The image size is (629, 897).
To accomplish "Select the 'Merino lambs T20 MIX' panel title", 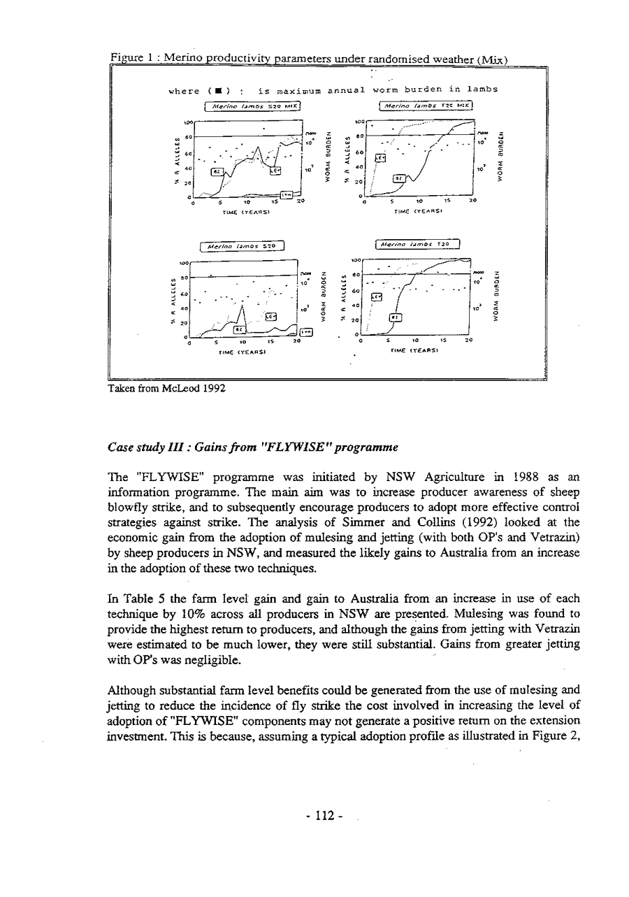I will click(x=425, y=106).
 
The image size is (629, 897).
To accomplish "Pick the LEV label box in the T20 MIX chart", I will click(x=381, y=159).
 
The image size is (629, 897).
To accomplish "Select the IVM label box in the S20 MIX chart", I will click(x=286, y=194).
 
